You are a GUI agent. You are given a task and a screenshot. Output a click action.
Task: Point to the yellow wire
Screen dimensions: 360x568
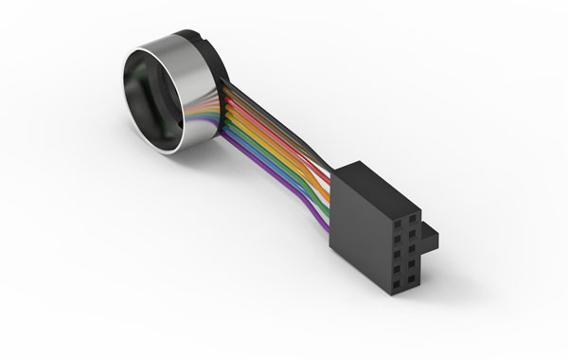point(284,142)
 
